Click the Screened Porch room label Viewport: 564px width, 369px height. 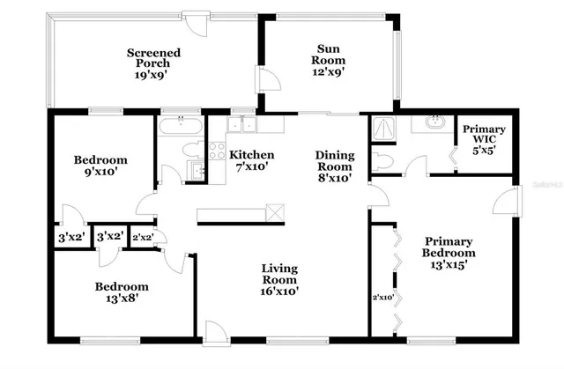154,64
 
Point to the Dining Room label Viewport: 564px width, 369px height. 334,166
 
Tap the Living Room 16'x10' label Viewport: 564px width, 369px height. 278,279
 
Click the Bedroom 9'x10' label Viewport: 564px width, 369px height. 100,166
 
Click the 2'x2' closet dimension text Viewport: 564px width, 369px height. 142,237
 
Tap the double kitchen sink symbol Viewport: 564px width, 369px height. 241,126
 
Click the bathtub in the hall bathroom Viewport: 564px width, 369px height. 181,129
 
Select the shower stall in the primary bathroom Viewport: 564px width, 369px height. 383,129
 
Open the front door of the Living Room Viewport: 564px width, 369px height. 214,331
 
